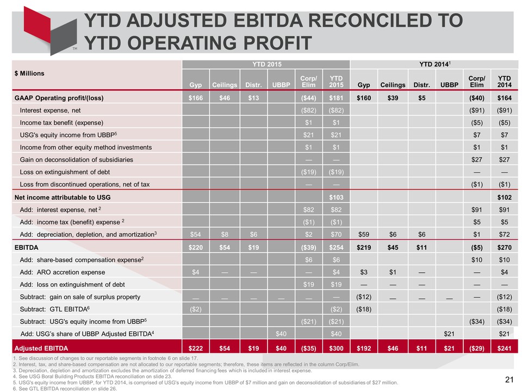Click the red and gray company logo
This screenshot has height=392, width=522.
50,30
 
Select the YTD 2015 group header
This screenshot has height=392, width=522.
266,64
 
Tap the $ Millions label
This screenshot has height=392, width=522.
29,73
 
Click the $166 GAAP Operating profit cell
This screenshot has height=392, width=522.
195,98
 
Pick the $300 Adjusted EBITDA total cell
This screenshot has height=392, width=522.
336,348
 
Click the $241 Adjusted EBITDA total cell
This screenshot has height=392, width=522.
505,348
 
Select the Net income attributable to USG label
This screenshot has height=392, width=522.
63,197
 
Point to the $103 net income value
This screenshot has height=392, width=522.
336,197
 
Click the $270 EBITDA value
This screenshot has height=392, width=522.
505,248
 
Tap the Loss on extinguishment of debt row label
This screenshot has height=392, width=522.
65,172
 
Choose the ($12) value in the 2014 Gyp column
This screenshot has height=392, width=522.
364,297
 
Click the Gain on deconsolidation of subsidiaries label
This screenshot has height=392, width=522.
76,160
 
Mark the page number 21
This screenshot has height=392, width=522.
509,379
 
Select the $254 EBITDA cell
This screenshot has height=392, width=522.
336,248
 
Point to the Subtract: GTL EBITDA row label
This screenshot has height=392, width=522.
55,309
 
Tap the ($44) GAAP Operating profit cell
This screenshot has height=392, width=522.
309,98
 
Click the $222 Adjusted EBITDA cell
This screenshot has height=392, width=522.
195,348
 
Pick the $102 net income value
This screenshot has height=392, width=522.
505,197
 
